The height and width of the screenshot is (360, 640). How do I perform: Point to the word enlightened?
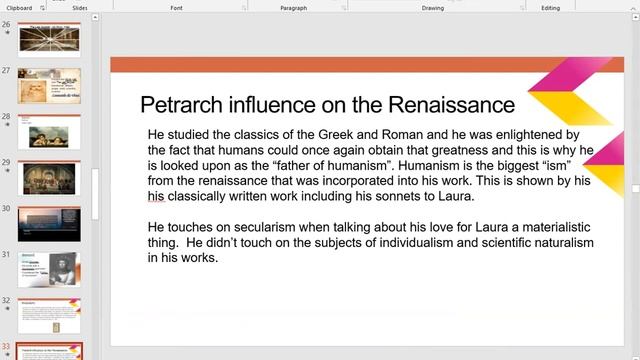pos(518,134)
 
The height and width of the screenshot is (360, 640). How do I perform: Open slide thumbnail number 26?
pos(49,39)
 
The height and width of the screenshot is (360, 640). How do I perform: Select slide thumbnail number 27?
pos(49,85)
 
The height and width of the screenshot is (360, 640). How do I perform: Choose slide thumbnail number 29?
pos(49,177)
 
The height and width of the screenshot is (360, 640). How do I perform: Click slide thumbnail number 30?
pos(49,223)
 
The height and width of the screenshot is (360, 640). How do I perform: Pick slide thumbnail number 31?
pos(49,269)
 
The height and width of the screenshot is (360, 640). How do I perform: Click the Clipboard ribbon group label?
pos(22,7)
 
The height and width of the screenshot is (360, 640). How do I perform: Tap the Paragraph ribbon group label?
pos(293,7)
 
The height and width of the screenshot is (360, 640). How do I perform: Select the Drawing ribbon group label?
pos(432,7)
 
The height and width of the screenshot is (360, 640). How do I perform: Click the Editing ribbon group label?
pos(551,7)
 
